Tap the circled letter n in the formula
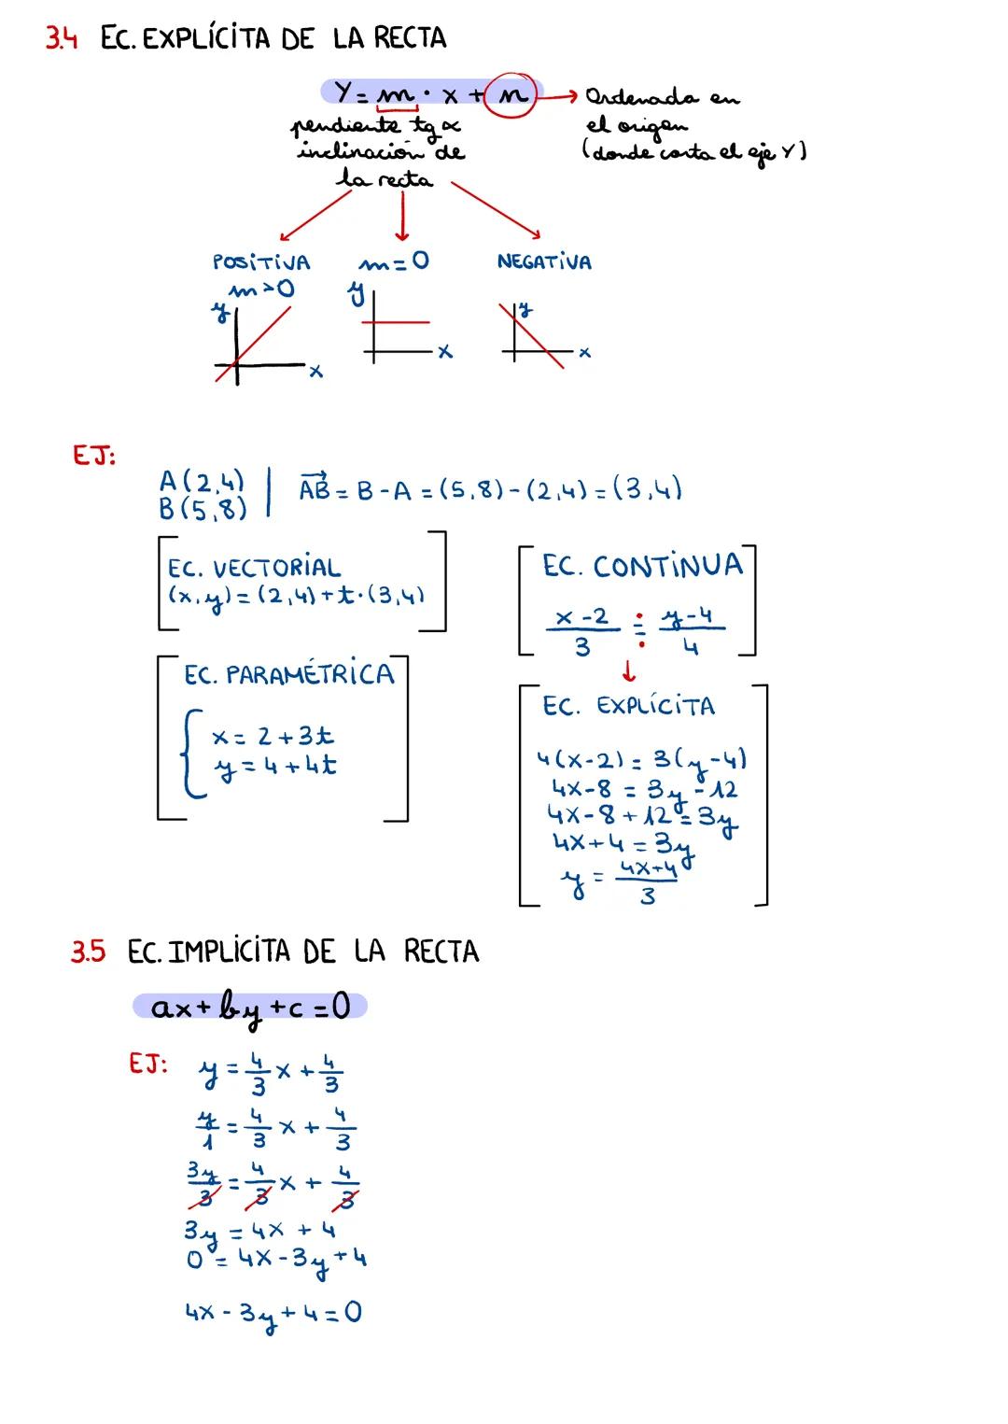[x=511, y=94]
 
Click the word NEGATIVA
[x=544, y=262]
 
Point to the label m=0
[x=394, y=261]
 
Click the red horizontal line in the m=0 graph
[x=397, y=322]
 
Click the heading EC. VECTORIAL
[x=254, y=568]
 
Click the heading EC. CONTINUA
[x=642, y=566]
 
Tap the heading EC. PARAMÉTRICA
[x=288, y=674]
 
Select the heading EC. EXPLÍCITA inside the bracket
[x=628, y=706]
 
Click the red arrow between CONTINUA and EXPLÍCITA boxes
[x=628, y=670]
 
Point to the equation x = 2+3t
[x=273, y=737]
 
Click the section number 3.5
[x=89, y=952]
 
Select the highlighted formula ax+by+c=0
[x=250, y=1008]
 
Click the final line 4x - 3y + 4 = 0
[x=273, y=1313]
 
